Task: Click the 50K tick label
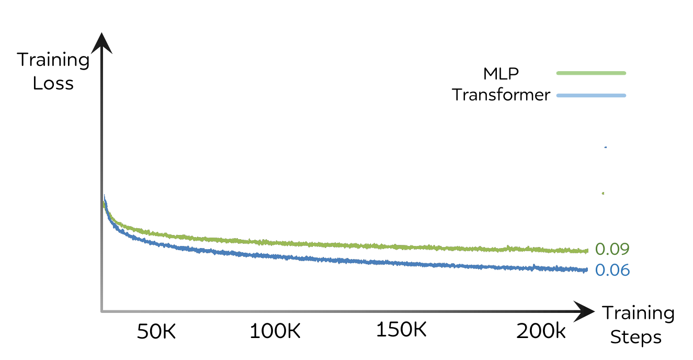[x=157, y=331]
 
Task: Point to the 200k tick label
[x=541, y=331]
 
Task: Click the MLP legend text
[x=501, y=73]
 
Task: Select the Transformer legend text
[x=501, y=95]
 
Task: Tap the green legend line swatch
[x=591, y=73]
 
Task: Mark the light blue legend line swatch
[x=591, y=95]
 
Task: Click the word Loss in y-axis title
[x=53, y=83]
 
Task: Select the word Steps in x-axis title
[x=636, y=337]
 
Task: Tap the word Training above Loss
[x=53, y=60]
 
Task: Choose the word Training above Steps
[x=638, y=313]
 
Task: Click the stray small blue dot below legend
[x=605, y=148]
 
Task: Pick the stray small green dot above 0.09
[x=603, y=193]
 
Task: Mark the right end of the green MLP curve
[x=587, y=251]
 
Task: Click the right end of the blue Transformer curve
[x=587, y=270]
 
